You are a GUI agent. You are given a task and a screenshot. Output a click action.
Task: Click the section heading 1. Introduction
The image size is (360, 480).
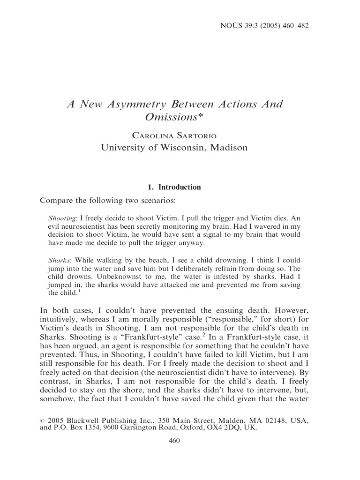174,187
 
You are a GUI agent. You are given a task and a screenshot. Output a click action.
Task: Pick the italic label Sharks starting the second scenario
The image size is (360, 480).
59,260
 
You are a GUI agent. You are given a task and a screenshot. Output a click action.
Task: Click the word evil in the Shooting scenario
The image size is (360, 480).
55,227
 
